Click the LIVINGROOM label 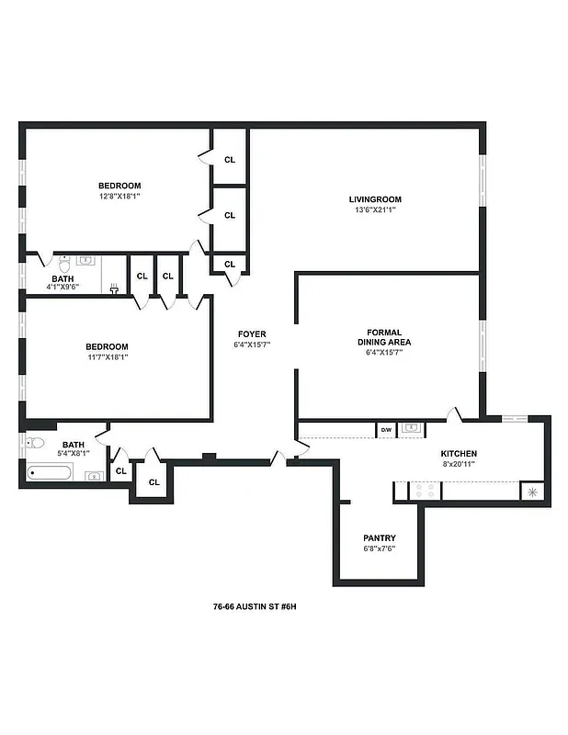coord(375,199)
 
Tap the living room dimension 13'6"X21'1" coord(375,210)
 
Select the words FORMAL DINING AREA coord(389,337)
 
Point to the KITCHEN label coord(459,454)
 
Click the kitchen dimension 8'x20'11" coord(459,465)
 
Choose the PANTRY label coord(380,537)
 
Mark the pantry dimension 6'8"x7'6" coord(380,548)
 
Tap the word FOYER coord(252,334)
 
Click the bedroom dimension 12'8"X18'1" coord(119,196)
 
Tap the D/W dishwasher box coord(386,428)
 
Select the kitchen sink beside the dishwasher coord(412,428)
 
